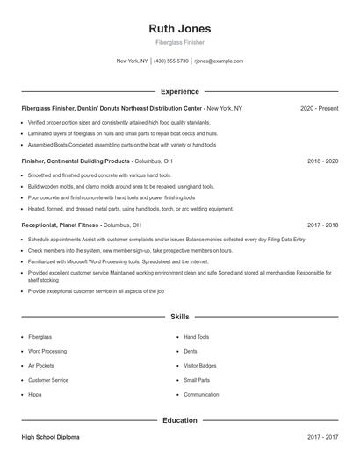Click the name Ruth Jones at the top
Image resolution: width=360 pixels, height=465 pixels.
click(179, 28)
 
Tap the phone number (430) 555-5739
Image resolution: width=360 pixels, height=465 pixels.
click(172, 61)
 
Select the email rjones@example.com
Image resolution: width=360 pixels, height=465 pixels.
click(219, 61)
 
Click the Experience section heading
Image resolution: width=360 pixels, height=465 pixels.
click(179, 91)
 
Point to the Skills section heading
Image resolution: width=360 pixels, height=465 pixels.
click(179, 316)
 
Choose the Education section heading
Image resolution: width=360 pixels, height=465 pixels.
click(179, 420)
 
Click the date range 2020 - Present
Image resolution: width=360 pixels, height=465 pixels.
click(319, 108)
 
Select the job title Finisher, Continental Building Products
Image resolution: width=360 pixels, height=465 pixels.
click(76, 161)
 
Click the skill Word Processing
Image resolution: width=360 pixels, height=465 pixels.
click(47, 351)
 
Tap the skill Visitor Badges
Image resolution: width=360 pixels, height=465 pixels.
click(199, 365)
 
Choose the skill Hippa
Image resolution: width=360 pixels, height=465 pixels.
click(36, 394)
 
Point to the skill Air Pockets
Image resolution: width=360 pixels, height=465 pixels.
click(40, 365)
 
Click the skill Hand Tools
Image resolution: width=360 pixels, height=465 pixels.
click(197, 336)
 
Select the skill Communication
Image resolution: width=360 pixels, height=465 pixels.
click(201, 394)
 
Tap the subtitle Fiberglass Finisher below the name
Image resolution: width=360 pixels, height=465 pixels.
click(179, 43)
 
